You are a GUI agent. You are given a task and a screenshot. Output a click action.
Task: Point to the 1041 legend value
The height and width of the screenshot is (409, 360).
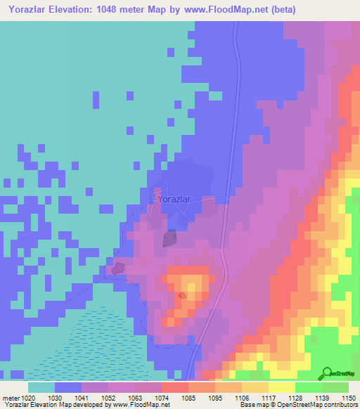coord(90,398)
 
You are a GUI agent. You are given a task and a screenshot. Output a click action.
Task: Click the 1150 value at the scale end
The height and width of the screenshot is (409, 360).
coord(349,398)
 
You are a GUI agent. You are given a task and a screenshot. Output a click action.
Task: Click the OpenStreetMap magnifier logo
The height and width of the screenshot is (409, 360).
coord(327,374)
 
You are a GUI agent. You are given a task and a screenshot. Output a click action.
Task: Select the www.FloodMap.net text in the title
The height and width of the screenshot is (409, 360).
coord(219,9)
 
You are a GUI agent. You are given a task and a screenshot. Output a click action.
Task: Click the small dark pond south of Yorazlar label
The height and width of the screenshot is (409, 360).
coord(169,239)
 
